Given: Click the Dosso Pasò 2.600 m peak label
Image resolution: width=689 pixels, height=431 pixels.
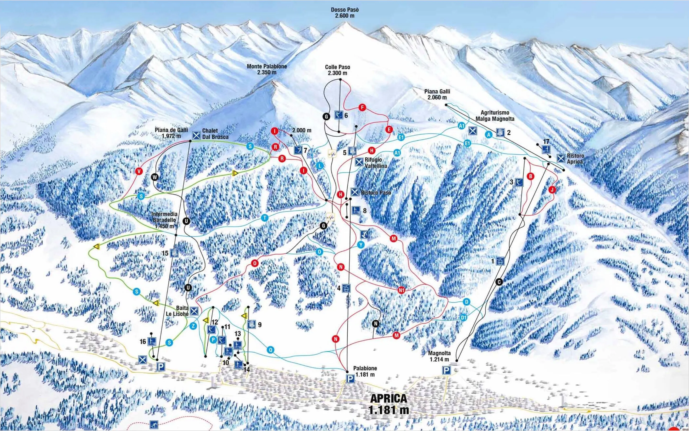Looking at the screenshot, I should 344,12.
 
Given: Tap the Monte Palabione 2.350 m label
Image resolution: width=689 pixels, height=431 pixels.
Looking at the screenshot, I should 267,69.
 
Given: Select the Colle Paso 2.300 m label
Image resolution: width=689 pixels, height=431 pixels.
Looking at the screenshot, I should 337,70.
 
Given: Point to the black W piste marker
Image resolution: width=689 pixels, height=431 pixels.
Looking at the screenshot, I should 155,177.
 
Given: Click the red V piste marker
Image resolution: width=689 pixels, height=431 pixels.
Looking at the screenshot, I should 139,171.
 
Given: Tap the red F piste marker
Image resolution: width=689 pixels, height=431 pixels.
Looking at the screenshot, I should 362,108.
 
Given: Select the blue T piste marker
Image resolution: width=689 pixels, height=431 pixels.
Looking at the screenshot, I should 265,218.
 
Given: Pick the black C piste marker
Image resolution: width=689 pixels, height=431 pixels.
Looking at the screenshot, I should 499,282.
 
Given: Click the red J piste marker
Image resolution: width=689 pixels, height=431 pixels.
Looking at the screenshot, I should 552,190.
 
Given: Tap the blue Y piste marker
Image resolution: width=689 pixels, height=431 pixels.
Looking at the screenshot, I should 361,245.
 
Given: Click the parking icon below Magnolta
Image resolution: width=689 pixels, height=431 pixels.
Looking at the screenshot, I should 446,370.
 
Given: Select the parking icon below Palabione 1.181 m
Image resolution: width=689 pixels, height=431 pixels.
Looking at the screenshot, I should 350,379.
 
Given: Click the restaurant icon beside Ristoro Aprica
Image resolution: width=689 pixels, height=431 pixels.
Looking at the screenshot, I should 561,158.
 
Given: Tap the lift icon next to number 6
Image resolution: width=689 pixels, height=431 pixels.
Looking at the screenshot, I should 339,115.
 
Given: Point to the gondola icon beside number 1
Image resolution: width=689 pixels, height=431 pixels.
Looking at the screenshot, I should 500,261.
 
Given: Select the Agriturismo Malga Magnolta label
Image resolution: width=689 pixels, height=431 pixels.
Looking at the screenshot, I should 495,115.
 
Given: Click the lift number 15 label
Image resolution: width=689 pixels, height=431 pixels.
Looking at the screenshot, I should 165,253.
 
